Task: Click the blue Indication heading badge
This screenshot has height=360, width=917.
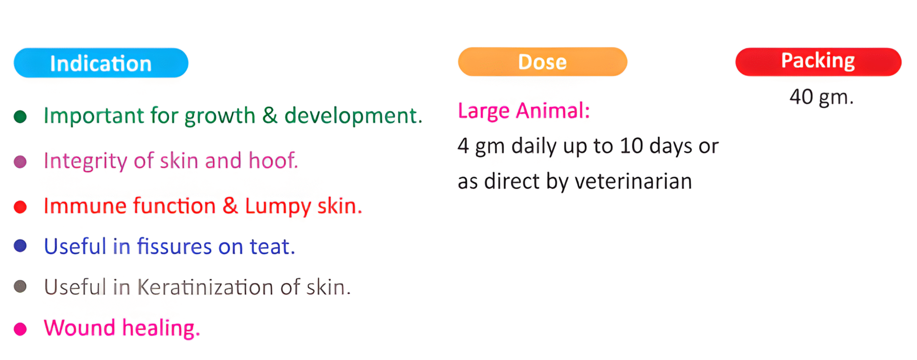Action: coord(101,63)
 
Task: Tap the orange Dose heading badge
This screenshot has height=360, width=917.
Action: coord(543,62)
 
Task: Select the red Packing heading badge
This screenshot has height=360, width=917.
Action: coord(818,62)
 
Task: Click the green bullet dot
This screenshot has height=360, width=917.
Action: coord(20,117)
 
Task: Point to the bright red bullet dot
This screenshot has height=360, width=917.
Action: coord(20,207)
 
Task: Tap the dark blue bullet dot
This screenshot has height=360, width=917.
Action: coord(20,246)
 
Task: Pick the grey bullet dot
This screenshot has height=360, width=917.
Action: coord(20,287)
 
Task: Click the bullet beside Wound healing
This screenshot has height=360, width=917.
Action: coord(20,329)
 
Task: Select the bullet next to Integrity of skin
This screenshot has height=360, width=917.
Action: coord(20,162)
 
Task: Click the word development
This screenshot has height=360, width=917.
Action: coord(353,116)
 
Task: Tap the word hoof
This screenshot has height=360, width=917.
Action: coord(273,160)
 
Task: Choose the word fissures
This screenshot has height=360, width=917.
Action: coord(174,246)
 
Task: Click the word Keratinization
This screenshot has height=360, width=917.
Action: coord(205,287)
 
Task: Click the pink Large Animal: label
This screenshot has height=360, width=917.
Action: coord(524,111)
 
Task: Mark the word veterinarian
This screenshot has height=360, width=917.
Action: coord(634,181)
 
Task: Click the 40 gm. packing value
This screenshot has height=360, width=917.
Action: coord(822,97)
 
